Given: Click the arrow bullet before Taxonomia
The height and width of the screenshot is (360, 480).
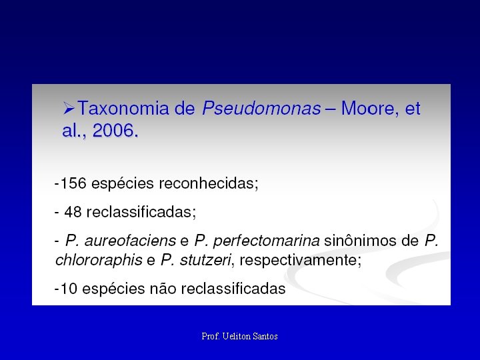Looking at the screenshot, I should pos(68,108).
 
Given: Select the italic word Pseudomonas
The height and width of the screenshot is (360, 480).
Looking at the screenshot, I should pos(261,109).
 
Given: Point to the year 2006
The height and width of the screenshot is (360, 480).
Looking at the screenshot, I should pos(115,131).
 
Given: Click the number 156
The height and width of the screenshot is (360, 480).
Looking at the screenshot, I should pos(73,183).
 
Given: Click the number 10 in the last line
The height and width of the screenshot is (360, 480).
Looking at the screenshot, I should pos(69,289).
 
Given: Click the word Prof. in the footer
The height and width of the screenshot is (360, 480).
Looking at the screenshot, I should pos(210,337).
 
